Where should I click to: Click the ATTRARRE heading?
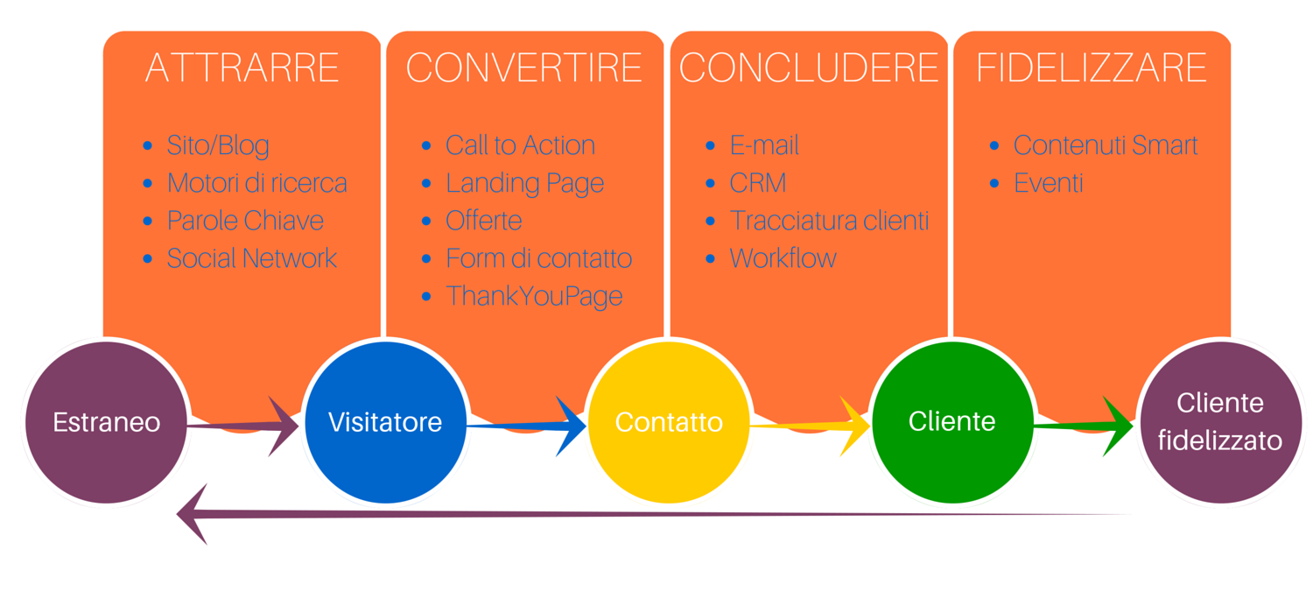[242, 68]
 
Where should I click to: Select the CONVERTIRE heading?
[524, 68]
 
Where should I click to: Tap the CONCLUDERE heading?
[808, 68]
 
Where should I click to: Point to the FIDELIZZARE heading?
[1092, 68]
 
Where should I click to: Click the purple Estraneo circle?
[107, 422]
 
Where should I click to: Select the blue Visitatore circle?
[385, 422]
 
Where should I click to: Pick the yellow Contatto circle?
[669, 422]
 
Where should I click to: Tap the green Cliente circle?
[952, 422]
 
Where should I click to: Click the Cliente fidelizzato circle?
[1219, 422]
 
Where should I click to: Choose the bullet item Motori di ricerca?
[256, 183]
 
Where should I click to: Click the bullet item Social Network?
[252, 258]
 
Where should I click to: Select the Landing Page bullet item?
[524, 183]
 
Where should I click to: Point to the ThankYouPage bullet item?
[534, 296]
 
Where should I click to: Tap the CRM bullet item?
[758, 183]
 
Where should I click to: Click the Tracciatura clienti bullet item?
[829, 221]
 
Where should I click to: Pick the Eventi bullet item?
[1049, 183]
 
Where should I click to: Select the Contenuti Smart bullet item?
[1106, 145]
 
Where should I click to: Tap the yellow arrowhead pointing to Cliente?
[853, 426]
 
